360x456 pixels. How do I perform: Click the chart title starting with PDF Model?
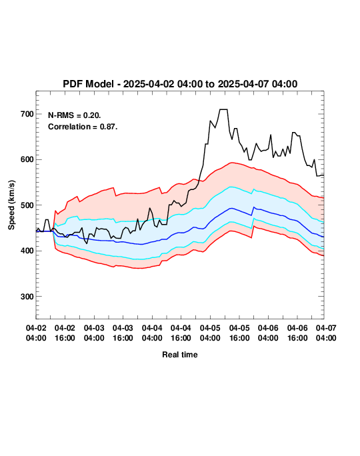180,84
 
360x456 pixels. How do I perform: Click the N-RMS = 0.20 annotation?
75,115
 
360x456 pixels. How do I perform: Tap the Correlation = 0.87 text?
83,127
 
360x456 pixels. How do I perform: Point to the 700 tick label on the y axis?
27,114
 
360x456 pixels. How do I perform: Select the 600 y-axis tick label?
27,159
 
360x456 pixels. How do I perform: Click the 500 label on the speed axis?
27,205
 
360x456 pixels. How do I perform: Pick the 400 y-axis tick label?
27,251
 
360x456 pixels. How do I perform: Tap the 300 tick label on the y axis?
27,297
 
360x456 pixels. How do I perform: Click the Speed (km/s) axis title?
11,205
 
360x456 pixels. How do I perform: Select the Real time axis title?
180,355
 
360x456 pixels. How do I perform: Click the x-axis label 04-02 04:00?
36,333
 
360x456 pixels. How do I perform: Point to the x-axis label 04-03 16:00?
123,333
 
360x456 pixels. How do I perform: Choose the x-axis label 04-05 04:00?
210,333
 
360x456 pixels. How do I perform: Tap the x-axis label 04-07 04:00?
326,333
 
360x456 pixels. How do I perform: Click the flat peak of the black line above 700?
223,109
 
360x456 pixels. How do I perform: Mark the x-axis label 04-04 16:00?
181,333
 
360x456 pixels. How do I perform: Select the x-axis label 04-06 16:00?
297,333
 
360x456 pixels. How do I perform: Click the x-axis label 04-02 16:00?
65,333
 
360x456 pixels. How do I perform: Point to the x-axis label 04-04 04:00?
152,333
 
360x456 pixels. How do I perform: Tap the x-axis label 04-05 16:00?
239,333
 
